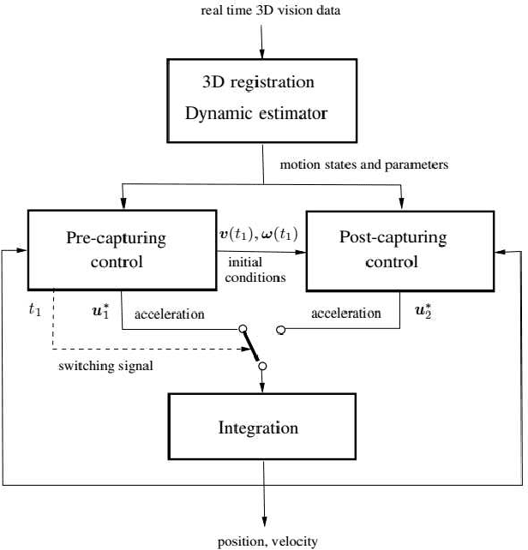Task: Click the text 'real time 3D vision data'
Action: [264, 9]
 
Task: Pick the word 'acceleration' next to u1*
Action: [170, 314]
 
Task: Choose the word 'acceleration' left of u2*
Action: [346, 314]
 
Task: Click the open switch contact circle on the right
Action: [281, 329]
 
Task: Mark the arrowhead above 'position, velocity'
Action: [264, 523]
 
